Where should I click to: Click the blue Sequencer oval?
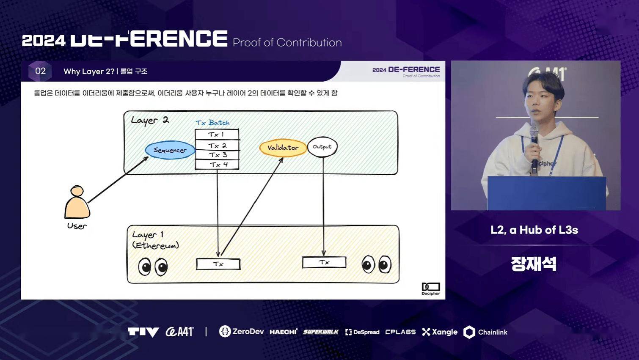170,150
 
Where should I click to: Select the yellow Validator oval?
283,148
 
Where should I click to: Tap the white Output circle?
322,147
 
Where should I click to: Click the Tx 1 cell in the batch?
217,135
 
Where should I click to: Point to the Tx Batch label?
212,123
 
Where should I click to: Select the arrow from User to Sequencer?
117,180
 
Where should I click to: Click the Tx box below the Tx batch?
218,264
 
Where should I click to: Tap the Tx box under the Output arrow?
324,262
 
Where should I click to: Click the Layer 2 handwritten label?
150,120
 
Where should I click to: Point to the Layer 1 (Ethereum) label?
155,240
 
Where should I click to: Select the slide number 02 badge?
40,71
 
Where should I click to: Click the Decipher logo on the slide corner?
430,289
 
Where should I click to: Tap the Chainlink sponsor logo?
485,332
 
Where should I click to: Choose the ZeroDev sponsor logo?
242,332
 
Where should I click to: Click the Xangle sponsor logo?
440,332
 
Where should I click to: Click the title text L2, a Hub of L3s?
534,230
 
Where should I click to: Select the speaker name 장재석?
533,264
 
